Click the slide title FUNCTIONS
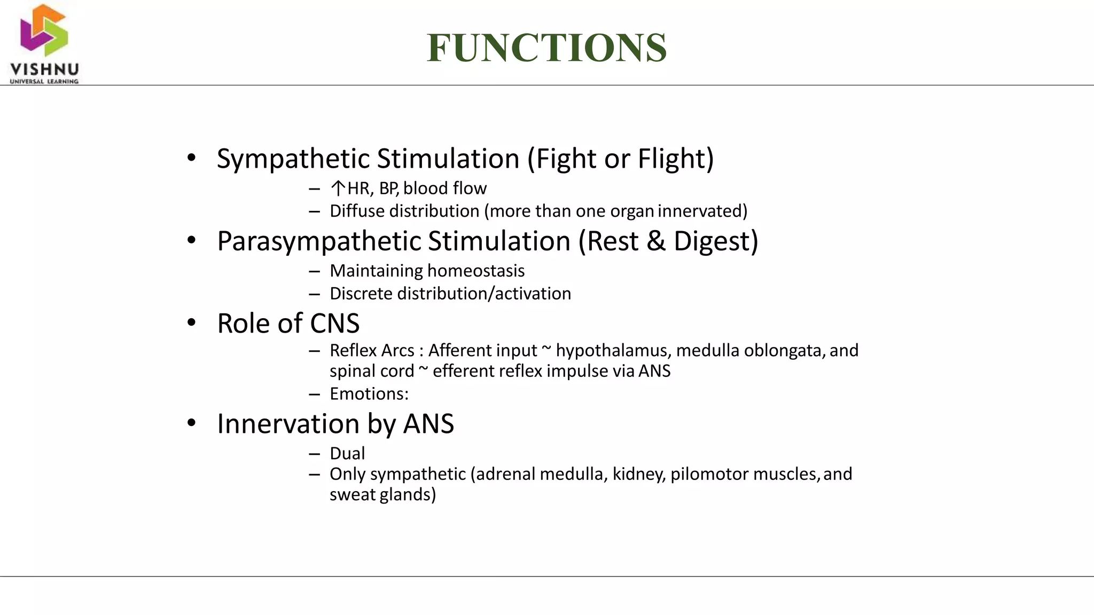tap(546, 48)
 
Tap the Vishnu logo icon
tap(44, 30)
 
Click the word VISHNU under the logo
tap(44, 70)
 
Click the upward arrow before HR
tap(338, 188)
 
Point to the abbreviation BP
tap(388, 188)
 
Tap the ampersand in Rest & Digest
tap(655, 241)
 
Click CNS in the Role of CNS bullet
tap(334, 324)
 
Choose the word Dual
tap(347, 453)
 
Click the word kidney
tap(638, 474)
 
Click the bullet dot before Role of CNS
tap(192, 323)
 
